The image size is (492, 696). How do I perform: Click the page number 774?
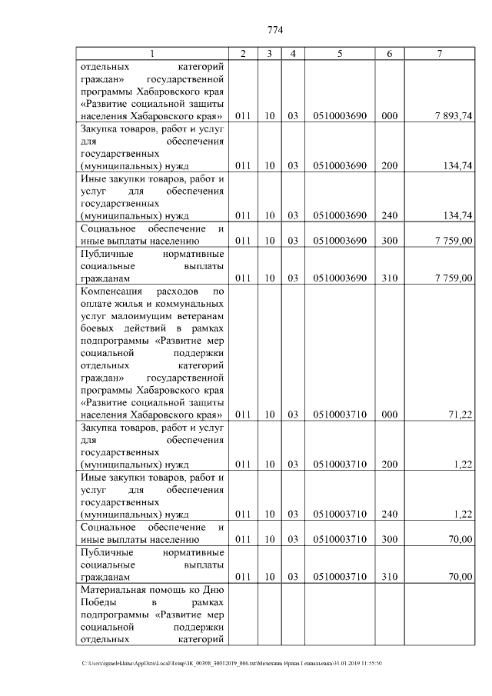tap(274, 31)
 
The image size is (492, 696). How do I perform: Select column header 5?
tap(339, 53)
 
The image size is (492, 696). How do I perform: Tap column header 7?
tap(438, 53)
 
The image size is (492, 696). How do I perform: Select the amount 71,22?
tap(460, 415)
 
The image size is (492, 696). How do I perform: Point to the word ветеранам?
tap(197, 317)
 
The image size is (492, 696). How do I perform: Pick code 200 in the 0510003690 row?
tap(389, 165)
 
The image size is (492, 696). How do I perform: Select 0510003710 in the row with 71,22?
tap(339, 415)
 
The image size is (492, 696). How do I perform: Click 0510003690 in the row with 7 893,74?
tap(339, 115)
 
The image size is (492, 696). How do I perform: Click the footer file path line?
tap(231, 663)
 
